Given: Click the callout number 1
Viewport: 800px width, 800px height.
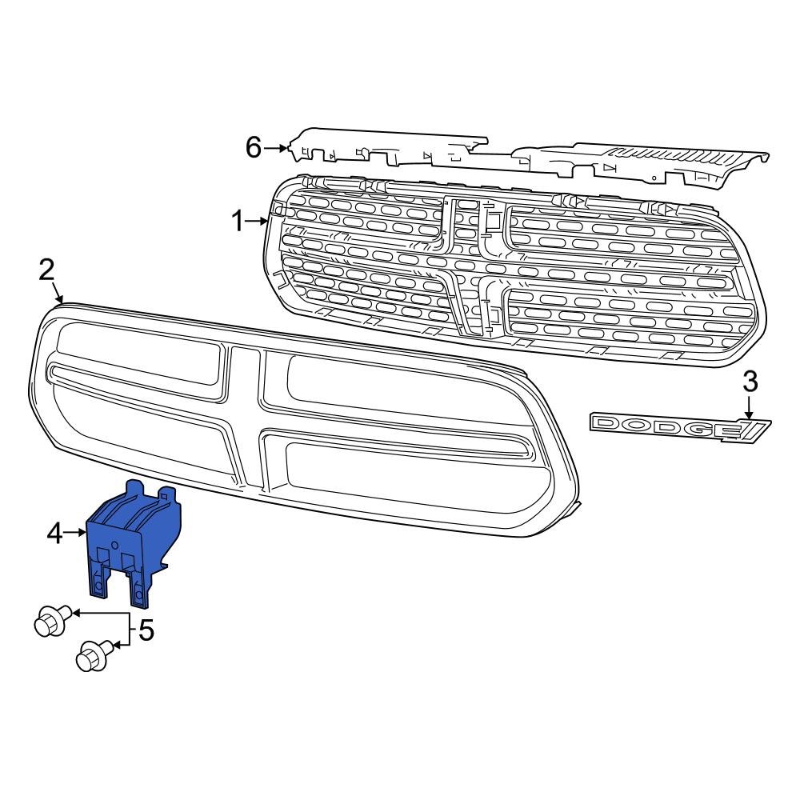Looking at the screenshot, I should (237, 221).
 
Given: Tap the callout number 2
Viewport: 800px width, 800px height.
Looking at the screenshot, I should (47, 270).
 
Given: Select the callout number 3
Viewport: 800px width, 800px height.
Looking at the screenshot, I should (750, 382).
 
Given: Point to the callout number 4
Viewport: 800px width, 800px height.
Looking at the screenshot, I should (54, 532).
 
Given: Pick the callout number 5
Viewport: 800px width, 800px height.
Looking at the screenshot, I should (146, 631).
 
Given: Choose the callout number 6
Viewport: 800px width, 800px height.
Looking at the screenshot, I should (253, 147).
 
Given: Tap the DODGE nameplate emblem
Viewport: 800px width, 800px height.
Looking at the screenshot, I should (680, 426).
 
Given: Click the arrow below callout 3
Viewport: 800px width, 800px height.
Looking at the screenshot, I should (750, 406).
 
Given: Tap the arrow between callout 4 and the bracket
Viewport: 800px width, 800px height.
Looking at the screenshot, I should (77, 532).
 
